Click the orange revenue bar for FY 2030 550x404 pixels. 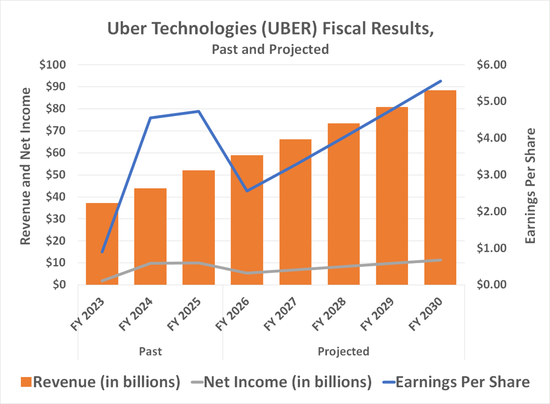tap(440, 187)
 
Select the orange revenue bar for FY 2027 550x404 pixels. tap(295, 212)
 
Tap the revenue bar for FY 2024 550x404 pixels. tap(150, 237)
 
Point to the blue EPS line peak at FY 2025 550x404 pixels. tap(199, 111)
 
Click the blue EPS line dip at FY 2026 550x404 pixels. tap(248, 191)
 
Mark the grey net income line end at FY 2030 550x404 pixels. tap(440, 260)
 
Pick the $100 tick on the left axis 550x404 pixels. tap(52, 65)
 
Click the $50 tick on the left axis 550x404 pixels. tap(56, 175)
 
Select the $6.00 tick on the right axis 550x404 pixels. tap(491, 65)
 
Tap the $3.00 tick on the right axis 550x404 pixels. tap(491, 175)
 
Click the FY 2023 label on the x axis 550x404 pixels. tap(88, 314)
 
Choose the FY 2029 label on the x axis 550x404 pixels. tap(377, 314)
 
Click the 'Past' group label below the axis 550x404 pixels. tap(150, 351)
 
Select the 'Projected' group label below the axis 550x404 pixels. tap(343, 351)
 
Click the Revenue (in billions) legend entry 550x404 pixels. tap(100, 382)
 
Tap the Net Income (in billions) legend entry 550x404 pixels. tap(281, 382)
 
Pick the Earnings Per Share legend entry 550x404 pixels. tap(456, 382)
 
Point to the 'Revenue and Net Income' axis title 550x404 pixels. tap(25, 166)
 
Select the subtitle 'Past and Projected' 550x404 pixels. tap(270, 49)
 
